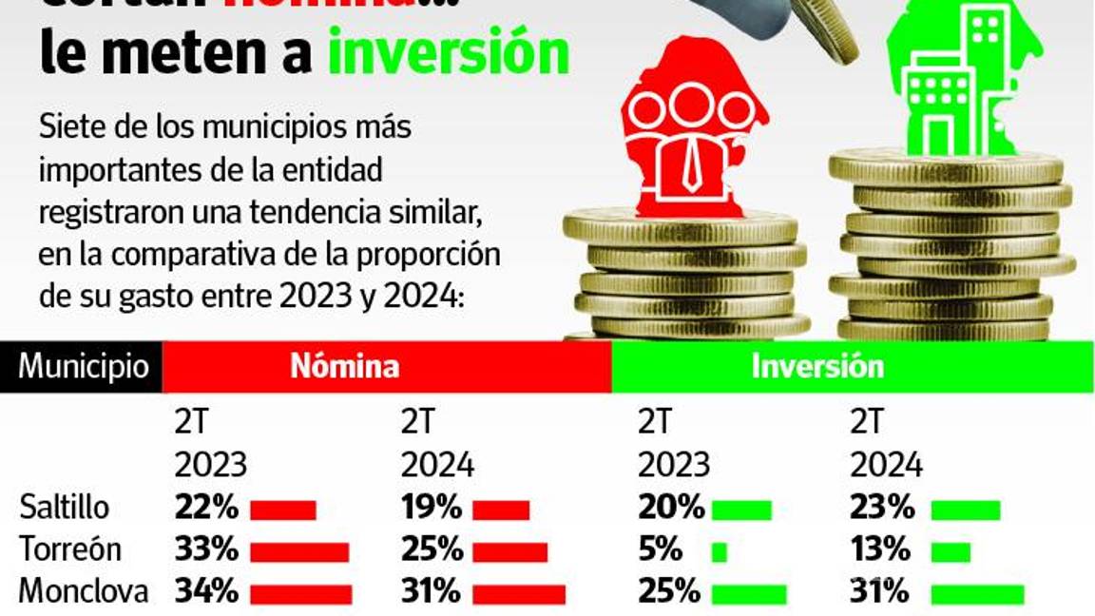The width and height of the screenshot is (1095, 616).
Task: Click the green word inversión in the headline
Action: click(x=448, y=55)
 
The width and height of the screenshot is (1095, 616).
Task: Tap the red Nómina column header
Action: click(x=344, y=367)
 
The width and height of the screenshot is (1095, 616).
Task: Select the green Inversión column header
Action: click(x=817, y=367)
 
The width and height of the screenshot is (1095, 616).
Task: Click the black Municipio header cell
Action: click(x=83, y=367)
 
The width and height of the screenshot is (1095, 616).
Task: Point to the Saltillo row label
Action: click(x=64, y=508)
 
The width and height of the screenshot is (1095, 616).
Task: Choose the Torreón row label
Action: click(x=69, y=549)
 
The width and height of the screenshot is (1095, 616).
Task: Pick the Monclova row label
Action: click(x=83, y=591)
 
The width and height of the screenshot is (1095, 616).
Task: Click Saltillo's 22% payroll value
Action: click(x=205, y=508)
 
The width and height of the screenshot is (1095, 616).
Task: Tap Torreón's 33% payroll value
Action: click(x=205, y=549)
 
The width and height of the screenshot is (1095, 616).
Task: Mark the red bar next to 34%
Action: click(x=300, y=594)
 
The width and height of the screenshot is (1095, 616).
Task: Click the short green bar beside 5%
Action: click(x=719, y=552)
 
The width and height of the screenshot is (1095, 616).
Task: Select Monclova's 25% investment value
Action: click(x=669, y=591)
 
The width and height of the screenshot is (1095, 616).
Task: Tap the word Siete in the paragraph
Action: click(x=66, y=126)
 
